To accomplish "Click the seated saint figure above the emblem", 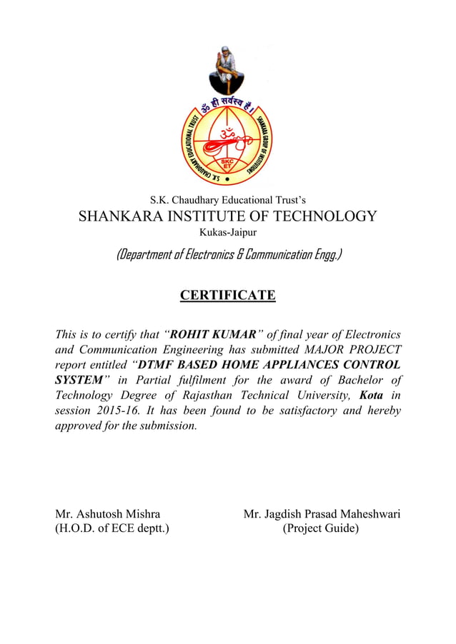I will coord(227,69).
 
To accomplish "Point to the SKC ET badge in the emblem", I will coord(227,164).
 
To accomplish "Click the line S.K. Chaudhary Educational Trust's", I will coord(227,199).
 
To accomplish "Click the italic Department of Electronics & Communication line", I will coord(228,254).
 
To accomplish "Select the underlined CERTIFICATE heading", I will coord(227,295).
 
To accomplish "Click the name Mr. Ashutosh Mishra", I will coord(108,514).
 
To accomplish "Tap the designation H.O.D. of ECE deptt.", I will coord(112,529).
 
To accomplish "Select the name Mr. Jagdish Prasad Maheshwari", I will coord(322,514).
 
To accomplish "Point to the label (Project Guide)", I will coord(320,529).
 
